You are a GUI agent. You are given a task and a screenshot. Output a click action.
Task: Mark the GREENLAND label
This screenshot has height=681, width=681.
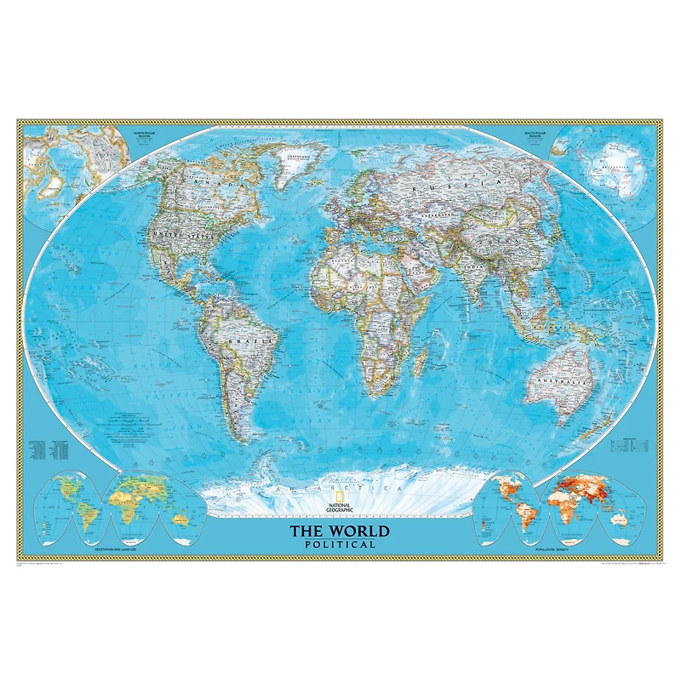pyautogui.click(x=300, y=157)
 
